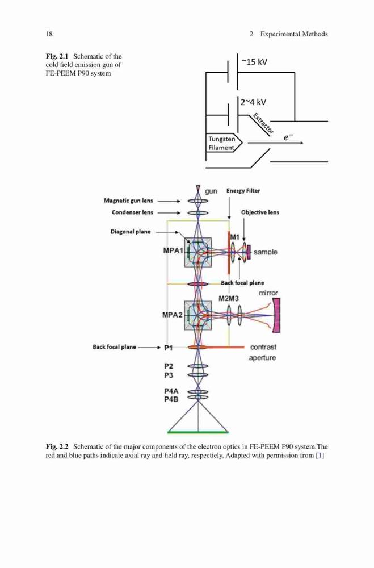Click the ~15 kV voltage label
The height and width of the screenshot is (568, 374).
(254, 62)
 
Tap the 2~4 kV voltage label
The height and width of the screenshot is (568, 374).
(253, 102)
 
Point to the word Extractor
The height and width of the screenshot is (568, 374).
(263, 123)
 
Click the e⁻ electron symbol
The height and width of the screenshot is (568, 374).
(288, 137)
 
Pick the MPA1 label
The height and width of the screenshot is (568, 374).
(174, 250)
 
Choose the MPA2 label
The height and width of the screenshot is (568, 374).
(173, 315)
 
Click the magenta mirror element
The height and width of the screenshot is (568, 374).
(276, 315)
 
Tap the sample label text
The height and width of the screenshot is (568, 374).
(266, 252)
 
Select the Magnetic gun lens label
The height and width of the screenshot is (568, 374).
(128, 201)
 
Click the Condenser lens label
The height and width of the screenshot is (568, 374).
(132, 212)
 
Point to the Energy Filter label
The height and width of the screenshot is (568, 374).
(243, 190)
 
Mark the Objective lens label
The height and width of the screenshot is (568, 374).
(260, 212)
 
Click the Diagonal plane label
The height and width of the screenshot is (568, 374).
(131, 232)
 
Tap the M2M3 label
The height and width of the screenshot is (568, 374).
(229, 299)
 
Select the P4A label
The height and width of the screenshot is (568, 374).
(171, 391)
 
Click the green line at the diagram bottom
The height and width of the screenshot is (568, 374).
(198, 432)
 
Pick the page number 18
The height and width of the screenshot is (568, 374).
(49, 34)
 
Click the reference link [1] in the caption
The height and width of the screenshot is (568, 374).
(320, 456)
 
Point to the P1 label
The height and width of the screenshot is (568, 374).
(169, 348)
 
